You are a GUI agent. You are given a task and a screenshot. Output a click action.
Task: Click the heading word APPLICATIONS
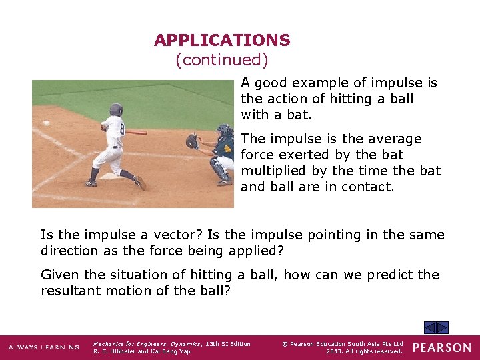coord(222,40)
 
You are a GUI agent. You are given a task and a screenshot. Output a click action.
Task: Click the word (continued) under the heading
coord(222,60)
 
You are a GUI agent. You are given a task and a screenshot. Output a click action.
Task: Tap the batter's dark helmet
coord(116,109)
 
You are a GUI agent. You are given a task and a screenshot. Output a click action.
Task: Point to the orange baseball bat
coord(136,132)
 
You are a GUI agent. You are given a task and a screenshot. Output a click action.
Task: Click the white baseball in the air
coord(46,123)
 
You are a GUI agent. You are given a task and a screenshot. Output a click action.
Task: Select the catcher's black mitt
coord(192,141)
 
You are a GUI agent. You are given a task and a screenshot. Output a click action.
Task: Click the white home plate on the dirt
coord(111,177)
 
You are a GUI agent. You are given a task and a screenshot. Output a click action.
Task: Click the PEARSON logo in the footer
coord(441,347)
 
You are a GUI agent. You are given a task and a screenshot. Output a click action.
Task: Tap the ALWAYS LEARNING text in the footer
coord(43,347)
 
